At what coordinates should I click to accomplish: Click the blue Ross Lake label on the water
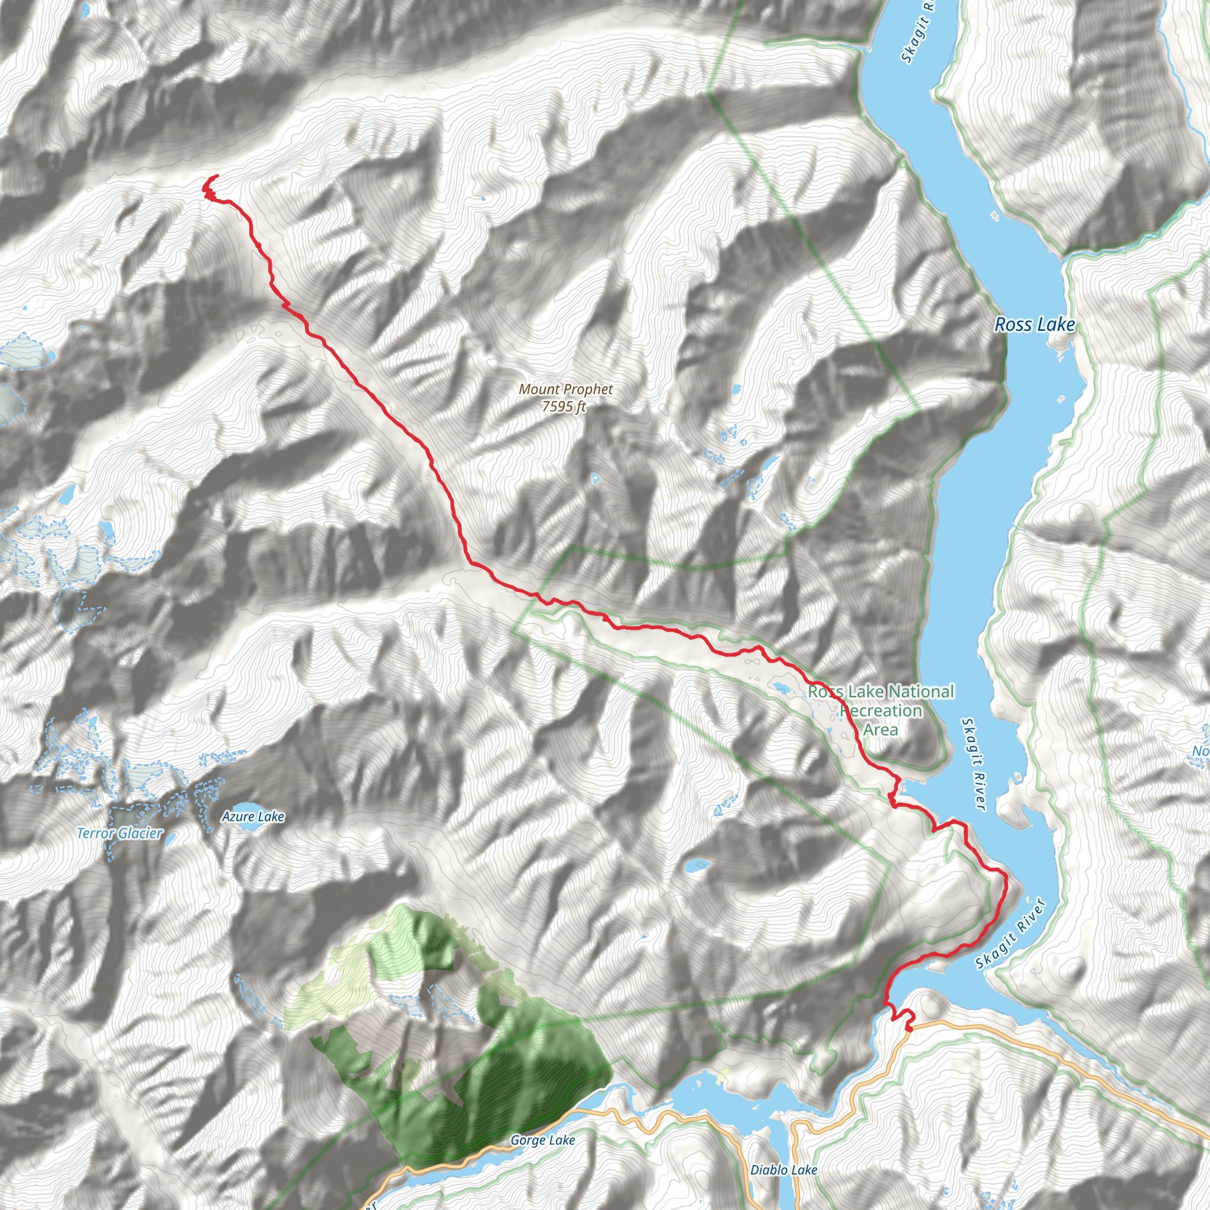click(1035, 324)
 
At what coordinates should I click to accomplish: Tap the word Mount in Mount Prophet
click(538, 389)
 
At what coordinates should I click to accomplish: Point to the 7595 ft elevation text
click(564, 406)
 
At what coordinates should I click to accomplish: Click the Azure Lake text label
click(253, 817)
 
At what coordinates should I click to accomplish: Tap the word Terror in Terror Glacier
click(96, 834)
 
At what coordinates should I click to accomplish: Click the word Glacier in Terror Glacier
click(141, 834)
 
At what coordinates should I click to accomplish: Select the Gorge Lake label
click(542, 1140)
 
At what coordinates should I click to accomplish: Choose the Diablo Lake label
click(783, 1170)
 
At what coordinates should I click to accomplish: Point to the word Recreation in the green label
click(880, 711)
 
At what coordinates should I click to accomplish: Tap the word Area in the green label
click(880, 730)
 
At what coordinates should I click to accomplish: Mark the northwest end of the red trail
click(217, 176)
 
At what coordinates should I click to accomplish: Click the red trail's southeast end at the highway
click(908, 1027)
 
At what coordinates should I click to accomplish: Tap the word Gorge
click(528, 1140)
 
